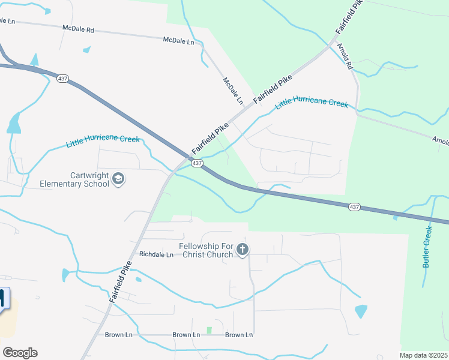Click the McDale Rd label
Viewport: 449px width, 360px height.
[x=79, y=28]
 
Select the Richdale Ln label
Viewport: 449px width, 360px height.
[x=156, y=254]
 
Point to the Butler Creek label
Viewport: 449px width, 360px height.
[x=427, y=247]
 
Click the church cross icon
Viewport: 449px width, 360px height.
[x=243, y=250]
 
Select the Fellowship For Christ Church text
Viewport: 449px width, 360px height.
[x=205, y=250]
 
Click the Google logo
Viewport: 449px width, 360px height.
[x=20, y=353]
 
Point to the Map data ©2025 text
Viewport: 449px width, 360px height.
[x=424, y=355]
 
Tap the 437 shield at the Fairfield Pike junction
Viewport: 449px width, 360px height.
[x=197, y=163]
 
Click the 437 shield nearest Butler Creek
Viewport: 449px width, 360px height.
[x=354, y=206]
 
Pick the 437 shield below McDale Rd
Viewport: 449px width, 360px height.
[x=62, y=79]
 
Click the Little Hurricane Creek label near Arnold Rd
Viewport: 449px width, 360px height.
[x=312, y=103]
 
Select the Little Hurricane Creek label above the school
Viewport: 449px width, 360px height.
[x=103, y=141]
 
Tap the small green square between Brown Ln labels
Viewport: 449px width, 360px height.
[x=209, y=331]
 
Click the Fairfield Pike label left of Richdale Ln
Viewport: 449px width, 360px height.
[x=121, y=282]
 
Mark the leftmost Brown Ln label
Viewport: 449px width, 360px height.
[x=118, y=335]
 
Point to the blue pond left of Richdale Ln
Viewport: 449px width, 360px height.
[x=65, y=275]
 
